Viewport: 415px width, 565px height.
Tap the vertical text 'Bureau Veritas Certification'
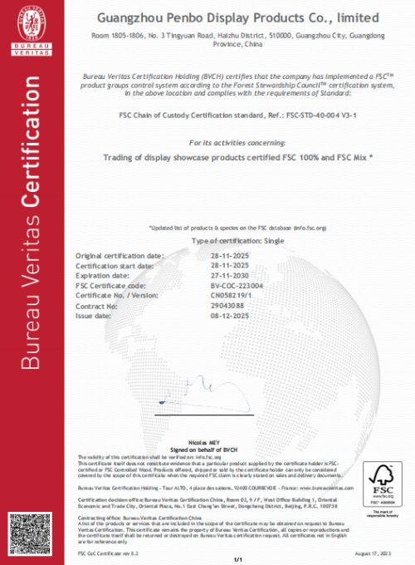32,249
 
